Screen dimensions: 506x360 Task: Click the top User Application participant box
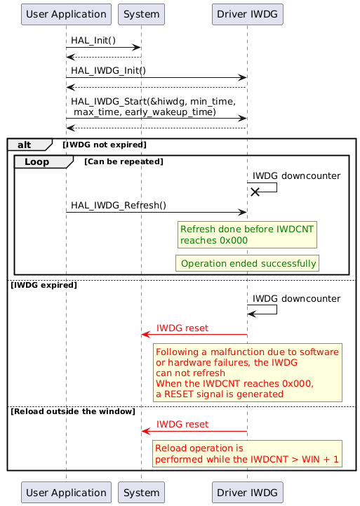[66, 13]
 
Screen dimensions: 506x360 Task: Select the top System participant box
[141, 13]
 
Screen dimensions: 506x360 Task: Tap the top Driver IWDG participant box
[247, 13]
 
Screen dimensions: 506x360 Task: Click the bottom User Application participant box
[66, 492]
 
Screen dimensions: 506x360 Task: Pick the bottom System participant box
[141, 492]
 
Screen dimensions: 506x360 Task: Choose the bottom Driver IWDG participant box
[247, 492]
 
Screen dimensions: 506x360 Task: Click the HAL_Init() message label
[93, 41]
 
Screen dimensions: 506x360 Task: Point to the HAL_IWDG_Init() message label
[108, 70]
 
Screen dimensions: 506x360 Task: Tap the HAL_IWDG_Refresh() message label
[119, 205]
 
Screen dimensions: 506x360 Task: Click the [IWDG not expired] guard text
[105, 145]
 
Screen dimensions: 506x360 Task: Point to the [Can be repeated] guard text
[124, 161]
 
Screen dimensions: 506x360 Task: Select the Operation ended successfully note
[248, 263]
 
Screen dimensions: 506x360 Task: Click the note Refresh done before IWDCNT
[248, 234]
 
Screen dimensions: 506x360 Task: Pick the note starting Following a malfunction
[248, 373]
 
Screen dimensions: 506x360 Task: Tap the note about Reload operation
[248, 453]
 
